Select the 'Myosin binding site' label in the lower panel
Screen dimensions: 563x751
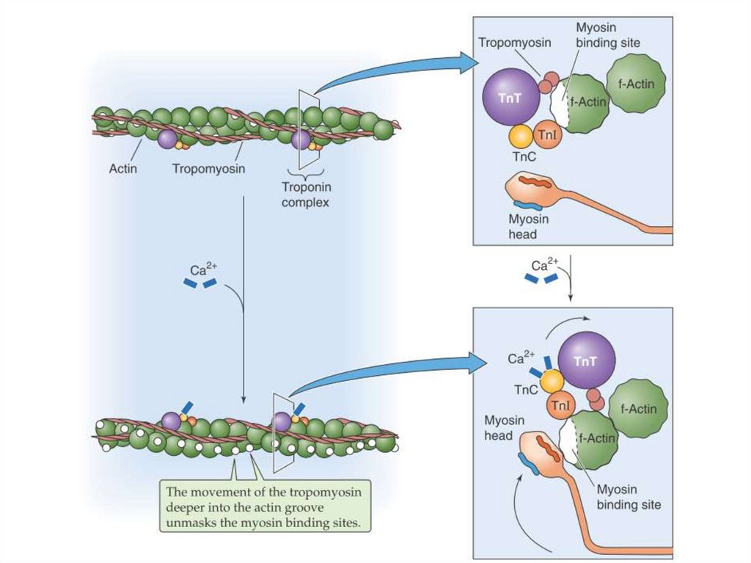pyautogui.click(x=629, y=497)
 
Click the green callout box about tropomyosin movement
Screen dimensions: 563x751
pyautogui.click(x=268, y=507)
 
